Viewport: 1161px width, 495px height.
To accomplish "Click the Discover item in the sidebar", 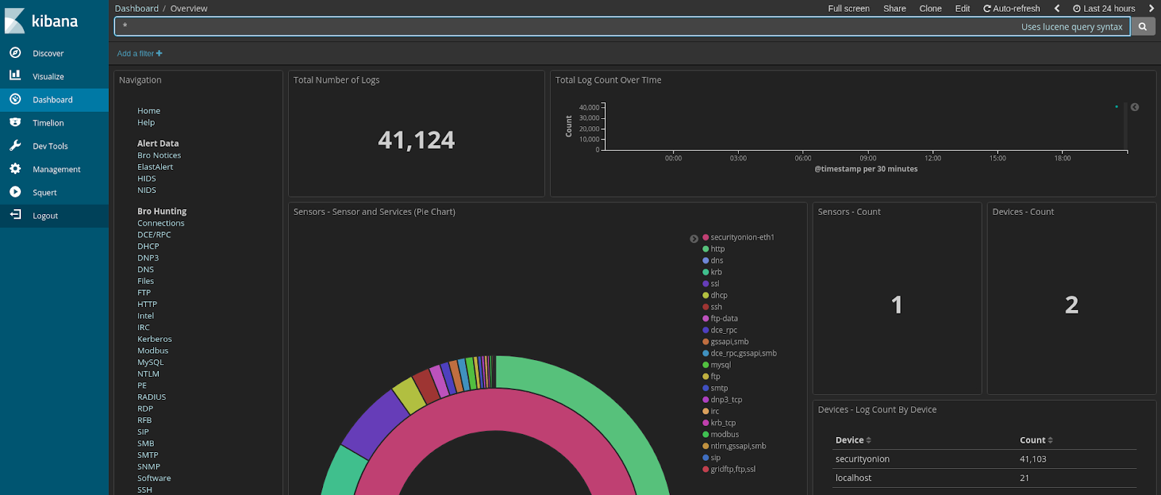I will point(48,54).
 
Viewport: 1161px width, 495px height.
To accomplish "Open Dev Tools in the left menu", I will point(50,147).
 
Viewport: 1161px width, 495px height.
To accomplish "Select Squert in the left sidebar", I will point(44,193).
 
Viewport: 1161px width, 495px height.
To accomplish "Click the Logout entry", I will point(45,216).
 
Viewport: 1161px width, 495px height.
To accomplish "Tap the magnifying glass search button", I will point(1143,27).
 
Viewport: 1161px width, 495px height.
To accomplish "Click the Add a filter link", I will point(139,54).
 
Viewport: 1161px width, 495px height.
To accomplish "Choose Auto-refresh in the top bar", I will point(1012,9).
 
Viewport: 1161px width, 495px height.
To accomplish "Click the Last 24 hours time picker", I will point(1104,9).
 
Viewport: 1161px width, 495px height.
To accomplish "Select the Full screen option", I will point(848,9).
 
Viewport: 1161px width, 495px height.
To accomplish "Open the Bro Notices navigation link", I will point(159,155).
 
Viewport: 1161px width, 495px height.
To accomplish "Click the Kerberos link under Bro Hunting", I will point(155,339).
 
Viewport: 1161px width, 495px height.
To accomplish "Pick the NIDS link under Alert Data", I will point(147,190).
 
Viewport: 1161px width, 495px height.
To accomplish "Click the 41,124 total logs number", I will point(417,140).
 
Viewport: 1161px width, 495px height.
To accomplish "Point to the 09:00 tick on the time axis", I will point(868,158).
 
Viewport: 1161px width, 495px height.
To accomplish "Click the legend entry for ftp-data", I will point(723,319).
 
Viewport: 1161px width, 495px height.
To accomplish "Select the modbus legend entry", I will point(724,435).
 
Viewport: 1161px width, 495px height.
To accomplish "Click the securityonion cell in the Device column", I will point(862,459).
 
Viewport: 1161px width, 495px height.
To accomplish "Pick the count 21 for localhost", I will point(1024,478).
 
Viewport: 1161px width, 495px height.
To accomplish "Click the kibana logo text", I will point(54,22).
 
